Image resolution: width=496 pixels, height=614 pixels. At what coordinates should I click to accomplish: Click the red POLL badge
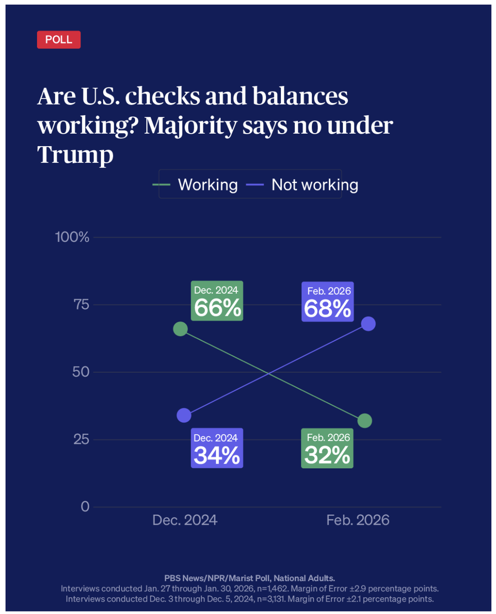coord(59,40)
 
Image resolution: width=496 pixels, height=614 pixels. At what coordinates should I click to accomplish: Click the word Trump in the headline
coord(75,154)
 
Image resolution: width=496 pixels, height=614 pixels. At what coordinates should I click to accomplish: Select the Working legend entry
coord(196,184)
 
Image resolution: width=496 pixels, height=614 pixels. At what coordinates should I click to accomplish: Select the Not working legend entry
coord(303,184)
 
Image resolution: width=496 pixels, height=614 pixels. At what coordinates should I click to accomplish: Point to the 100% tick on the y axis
coord(72,237)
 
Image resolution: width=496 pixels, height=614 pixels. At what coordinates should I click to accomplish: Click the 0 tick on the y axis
coord(85,507)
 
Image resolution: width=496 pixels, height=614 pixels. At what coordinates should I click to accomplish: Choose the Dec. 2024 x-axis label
coord(185,520)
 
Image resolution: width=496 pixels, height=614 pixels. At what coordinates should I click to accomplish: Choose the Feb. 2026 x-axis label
coord(357,520)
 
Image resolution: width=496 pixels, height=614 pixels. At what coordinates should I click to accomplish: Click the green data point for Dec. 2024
coord(180,329)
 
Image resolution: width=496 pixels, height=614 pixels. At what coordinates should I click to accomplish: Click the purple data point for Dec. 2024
coord(184,415)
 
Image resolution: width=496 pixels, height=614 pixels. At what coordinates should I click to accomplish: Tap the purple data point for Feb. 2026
coord(368,323)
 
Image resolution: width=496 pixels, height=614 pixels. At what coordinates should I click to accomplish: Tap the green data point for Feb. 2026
coord(365,420)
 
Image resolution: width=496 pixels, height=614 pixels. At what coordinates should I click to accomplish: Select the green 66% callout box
coord(217,301)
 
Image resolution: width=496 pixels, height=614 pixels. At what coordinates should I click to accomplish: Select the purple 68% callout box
coord(327,301)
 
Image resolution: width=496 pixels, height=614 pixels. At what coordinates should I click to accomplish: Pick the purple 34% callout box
coord(217,448)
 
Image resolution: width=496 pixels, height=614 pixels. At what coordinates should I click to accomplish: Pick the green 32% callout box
coord(327,448)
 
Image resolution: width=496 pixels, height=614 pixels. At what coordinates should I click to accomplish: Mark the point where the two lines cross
coord(268,373)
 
